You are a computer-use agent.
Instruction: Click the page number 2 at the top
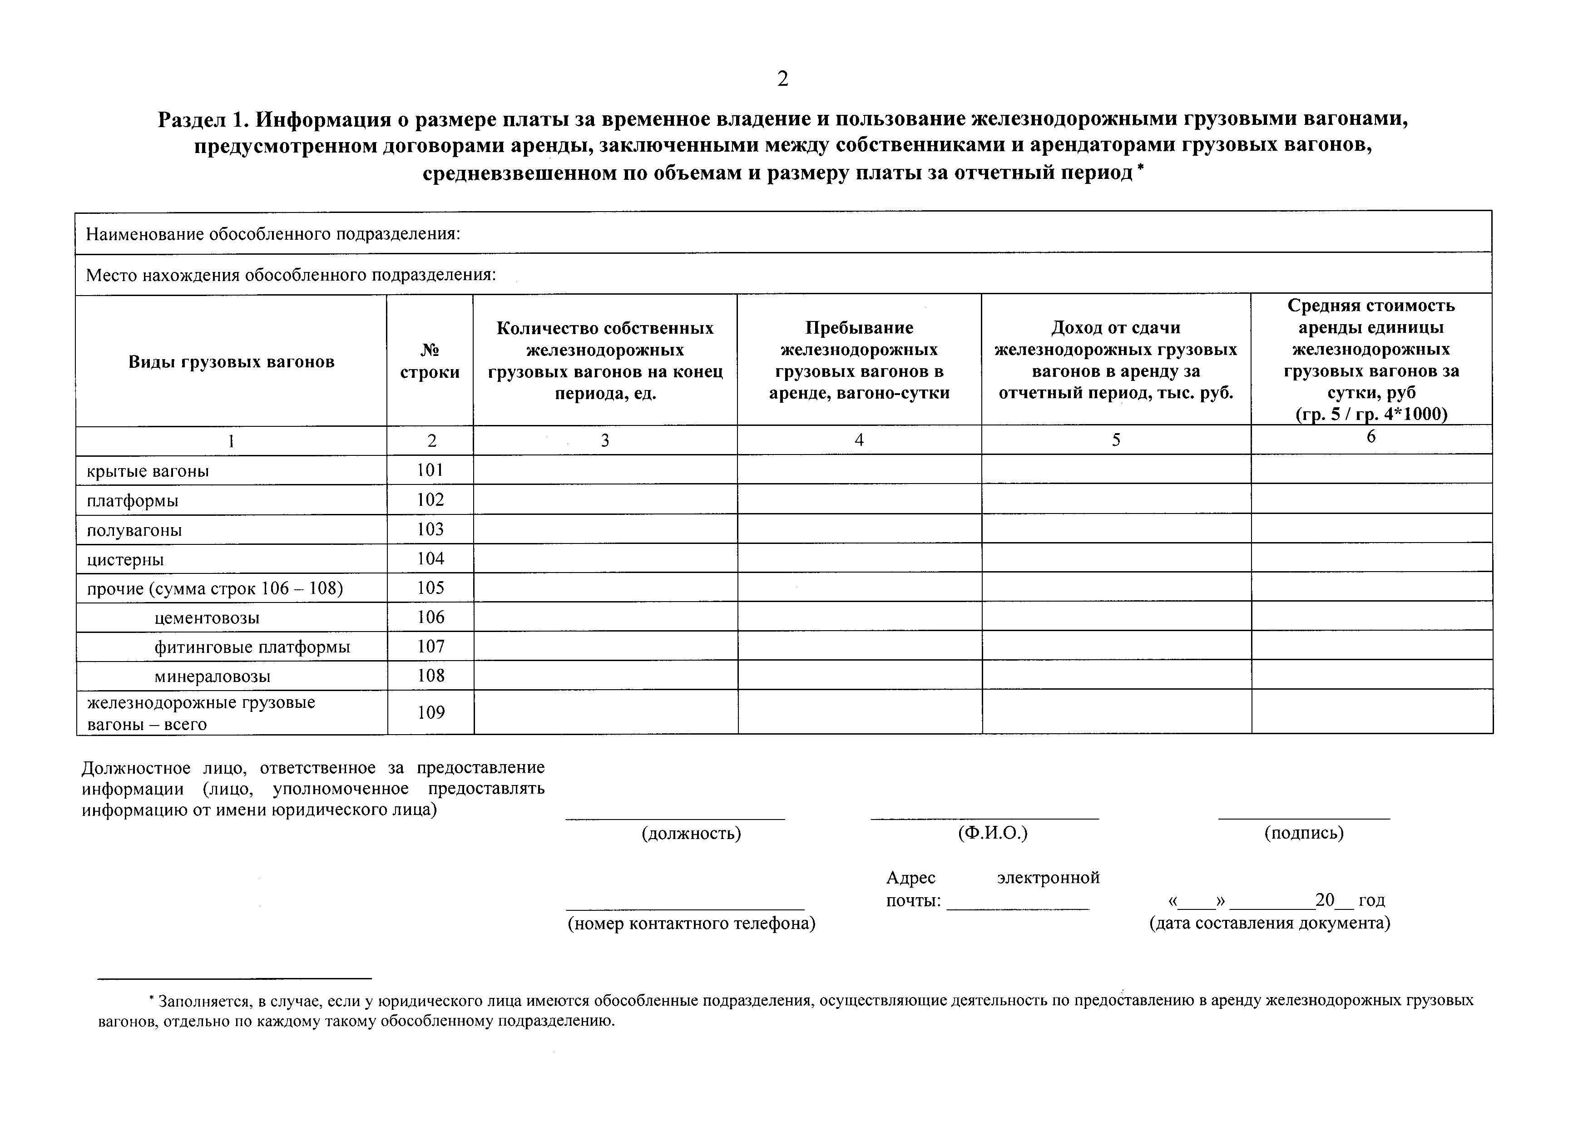click(x=782, y=79)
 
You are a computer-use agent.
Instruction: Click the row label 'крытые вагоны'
click(x=148, y=472)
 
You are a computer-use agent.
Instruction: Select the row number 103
click(x=430, y=529)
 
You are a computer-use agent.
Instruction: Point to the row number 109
click(x=431, y=712)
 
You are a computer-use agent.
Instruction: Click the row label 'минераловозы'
click(x=213, y=677)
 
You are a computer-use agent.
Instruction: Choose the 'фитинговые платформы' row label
click(x=252, y=647)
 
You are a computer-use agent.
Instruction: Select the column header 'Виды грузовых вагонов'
click(x=231, y=361)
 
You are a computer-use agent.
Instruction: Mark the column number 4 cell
click(x=859, y=440)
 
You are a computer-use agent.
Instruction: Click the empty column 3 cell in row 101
click(x=605, y=469)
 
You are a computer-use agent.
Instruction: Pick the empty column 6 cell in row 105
click(x=1372, y=587)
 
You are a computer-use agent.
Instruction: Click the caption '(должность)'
click(x=691, y=833)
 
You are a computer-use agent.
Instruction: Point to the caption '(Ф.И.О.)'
click(x=992, y=833)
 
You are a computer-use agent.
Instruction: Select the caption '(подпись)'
click(x=1304, y=833)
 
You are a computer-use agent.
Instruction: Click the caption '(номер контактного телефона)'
click(x=691, y=924)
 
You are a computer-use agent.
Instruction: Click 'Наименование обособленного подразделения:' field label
click(x=273, y=234)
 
